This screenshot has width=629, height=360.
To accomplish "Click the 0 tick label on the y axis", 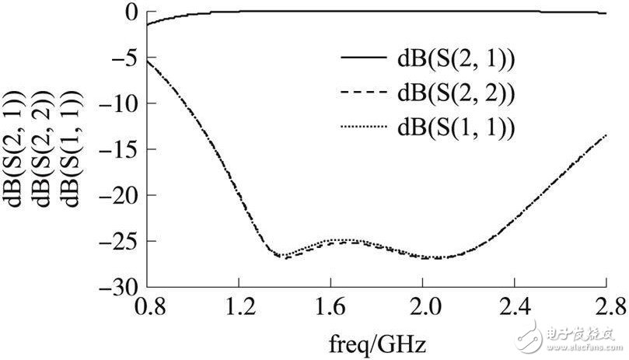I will pos(130,12).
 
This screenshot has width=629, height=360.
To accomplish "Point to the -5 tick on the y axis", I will pos(124,58).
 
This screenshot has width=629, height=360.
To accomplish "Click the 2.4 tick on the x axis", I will pos(514,304).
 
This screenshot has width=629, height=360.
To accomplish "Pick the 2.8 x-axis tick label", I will pos(605,304).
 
